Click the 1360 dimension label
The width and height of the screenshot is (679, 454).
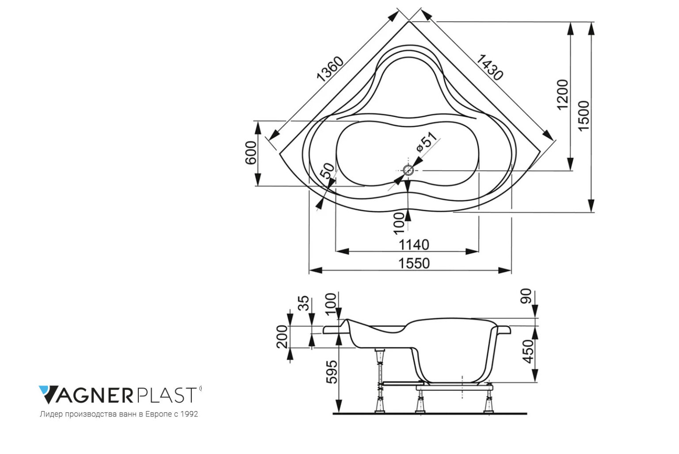330,69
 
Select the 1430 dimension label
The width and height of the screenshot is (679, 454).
489,67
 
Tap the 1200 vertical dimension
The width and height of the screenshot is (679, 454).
563,95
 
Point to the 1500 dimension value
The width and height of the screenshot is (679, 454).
584,116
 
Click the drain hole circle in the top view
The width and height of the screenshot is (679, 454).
408,170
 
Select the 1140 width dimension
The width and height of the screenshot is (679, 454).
414,245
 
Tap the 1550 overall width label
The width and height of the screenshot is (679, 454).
414,263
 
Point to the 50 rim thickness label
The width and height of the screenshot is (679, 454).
328,171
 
